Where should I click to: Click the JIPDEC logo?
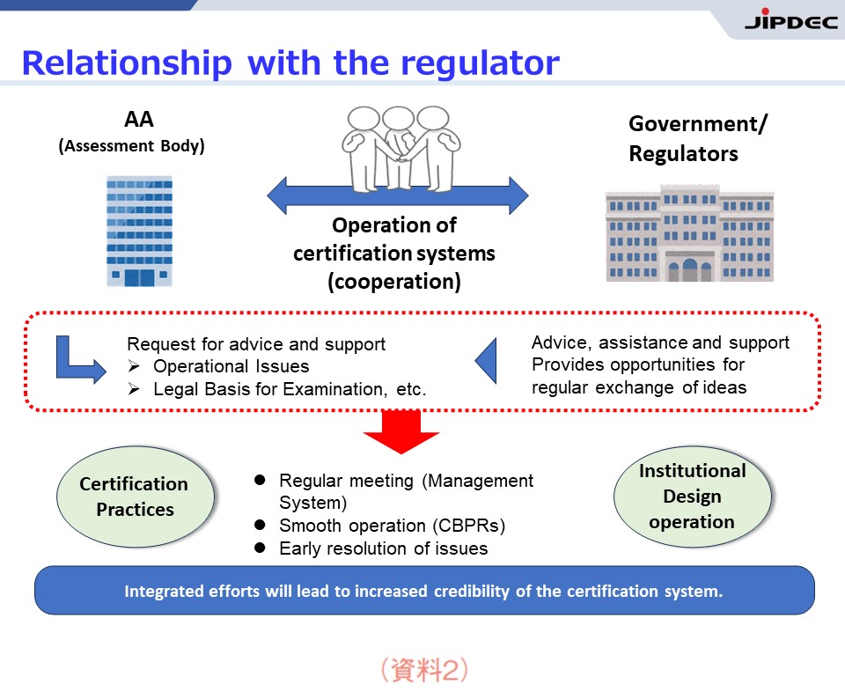click(x=790, y=20)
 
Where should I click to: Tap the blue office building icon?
click(x=140, y=231)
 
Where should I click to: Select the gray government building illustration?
click(x=690, y=233)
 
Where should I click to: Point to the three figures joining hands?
click(x=400, y=149)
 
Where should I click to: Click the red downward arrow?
click(x=401, y=431)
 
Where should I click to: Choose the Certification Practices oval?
click(x=135, y=497)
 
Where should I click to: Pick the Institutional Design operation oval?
click(x=693, y=497)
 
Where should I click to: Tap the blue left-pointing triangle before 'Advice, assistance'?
click(x=486, y=361)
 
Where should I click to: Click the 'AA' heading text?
click(x=139, y=119)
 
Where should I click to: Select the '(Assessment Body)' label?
click(x=131, y=146)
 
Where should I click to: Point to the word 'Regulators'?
click(x=683, y=154)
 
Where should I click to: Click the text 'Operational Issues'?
click(x=231, y=366)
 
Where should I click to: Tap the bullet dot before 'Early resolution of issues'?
click(x=260, y=548)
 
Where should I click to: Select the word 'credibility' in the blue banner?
click(x=472, y=592)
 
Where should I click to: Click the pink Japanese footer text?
click(x=424, y=670)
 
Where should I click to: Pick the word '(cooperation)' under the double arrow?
click(x=394, y=282)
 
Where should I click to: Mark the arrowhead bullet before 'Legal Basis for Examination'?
click(x=134, y=389)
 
